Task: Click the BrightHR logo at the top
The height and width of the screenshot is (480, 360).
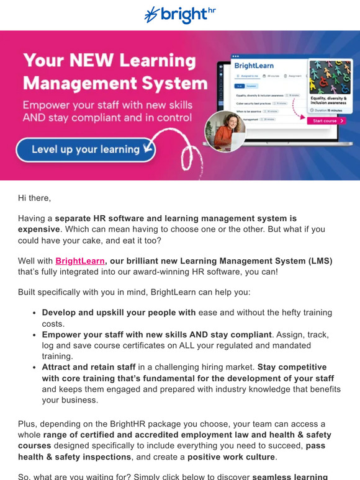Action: pos(179,15)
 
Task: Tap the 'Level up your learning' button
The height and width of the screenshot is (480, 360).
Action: pos(86,149)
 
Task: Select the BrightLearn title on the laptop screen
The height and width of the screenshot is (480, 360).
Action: pos(254,65)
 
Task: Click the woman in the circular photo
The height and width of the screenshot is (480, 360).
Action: pos(225,131)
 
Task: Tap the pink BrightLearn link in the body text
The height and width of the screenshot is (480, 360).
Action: pos(79,261)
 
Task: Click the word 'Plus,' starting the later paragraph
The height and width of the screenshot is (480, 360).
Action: pos(28,424)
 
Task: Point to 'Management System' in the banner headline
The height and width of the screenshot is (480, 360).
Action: pos(115,83)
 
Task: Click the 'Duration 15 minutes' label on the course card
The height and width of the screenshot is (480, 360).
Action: pos(329,109)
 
